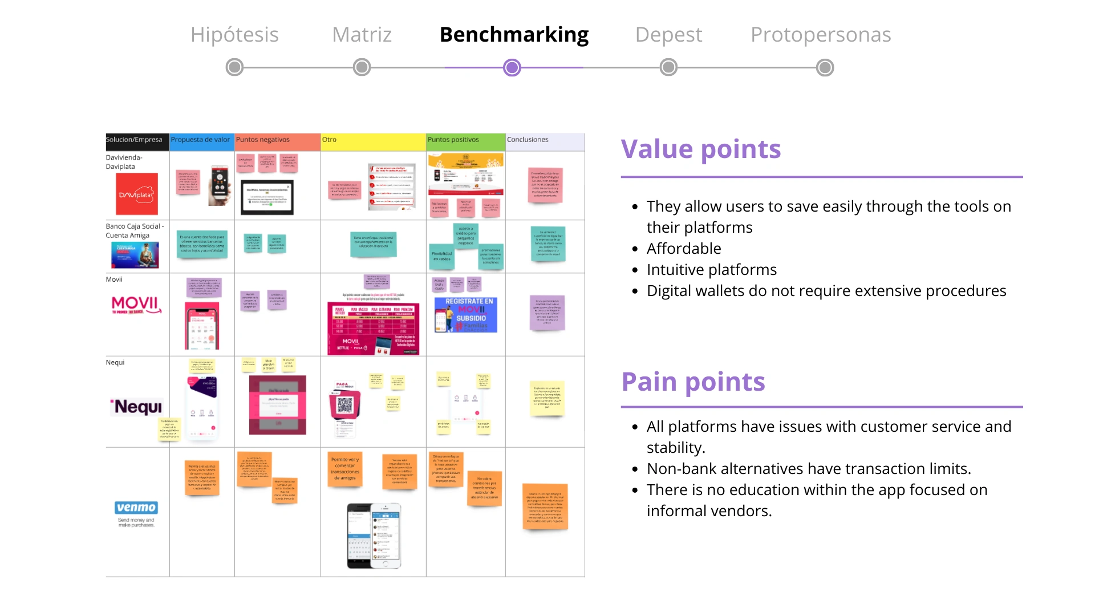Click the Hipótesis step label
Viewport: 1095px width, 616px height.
coord(234,35)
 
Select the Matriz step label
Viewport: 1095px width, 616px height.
coord(362,35)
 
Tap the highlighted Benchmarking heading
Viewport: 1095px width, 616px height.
coord(514,35)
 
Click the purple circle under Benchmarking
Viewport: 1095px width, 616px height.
coord(512,68)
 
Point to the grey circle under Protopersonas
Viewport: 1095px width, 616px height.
coord(825,68)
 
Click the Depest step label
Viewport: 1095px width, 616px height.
coord(668,35)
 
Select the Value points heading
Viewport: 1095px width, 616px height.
coord(700,149)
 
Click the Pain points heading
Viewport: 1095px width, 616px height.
coord(693,382)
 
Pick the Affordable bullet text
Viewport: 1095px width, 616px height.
coord(683,249)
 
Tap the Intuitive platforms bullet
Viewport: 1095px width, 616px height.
coord(711,270)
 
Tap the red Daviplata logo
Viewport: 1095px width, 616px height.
coord(137,194)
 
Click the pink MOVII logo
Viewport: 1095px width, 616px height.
coord(136,304)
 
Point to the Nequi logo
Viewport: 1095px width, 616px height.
coord(136,407)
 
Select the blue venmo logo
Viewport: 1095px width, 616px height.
coord(136,508)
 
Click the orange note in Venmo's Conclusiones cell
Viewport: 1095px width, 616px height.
coord(545,506)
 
